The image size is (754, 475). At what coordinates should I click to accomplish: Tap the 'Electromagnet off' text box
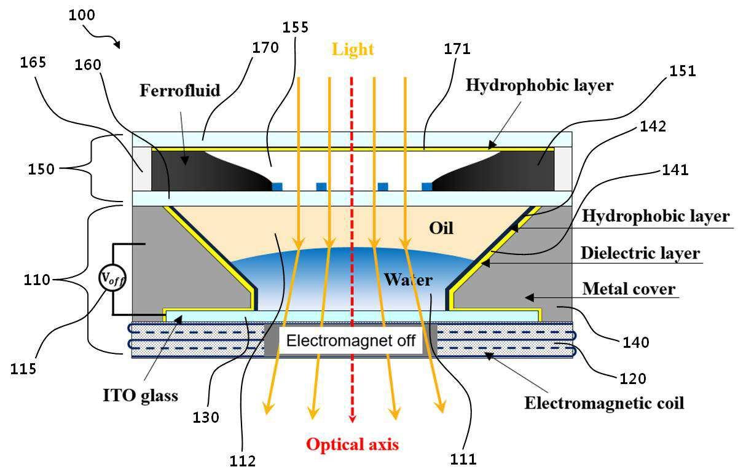point(351,340)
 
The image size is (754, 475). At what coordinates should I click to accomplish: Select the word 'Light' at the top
point(353,49)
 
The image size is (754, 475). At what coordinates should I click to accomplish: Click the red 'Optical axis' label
point(353,444)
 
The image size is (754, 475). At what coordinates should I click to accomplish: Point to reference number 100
point(82,15)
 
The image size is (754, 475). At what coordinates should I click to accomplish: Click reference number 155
point(295,27)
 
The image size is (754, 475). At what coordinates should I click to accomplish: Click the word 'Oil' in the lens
point(441,228)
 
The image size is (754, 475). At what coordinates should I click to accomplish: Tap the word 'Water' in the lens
point(408,280)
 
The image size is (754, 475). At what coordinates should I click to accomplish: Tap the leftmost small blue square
point(277,186)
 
